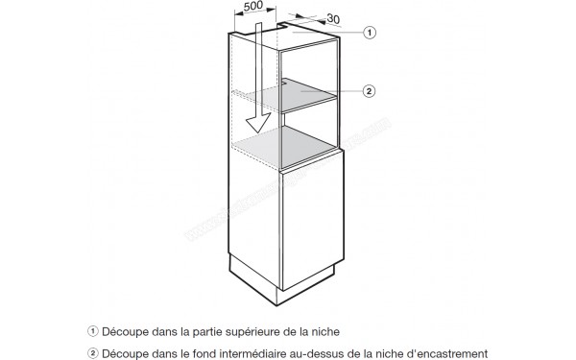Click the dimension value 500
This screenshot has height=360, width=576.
[x=253, y=7]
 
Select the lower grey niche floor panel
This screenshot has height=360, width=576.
[x=288, y=148]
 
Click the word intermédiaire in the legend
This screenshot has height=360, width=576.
[x=260, y=351]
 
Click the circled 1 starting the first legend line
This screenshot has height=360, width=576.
[x=94, y=331]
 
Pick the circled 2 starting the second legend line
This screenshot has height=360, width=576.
[x=94, y=351]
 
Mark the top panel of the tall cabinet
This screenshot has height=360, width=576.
[x=288, y=36]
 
